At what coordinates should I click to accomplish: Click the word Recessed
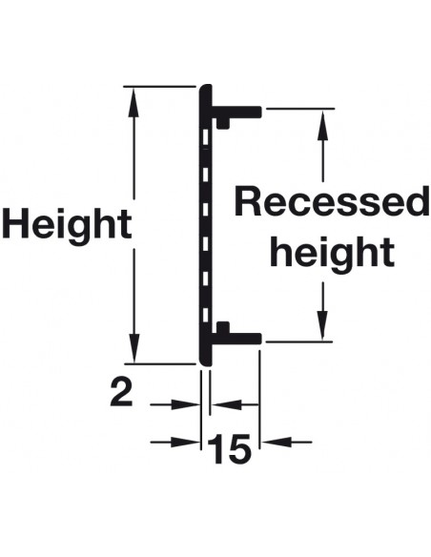pos(331,201)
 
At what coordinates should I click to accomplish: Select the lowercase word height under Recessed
pos(332,254)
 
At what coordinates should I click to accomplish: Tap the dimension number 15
pos(229,449)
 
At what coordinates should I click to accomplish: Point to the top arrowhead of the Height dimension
pos(133,99)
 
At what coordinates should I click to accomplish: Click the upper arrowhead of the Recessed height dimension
pos(322,121)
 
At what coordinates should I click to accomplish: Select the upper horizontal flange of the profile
pos(236,112)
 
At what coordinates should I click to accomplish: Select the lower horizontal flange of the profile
pos(236,339)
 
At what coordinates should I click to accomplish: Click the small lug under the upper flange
pos(223,123)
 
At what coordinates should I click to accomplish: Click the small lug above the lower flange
pos(223,327)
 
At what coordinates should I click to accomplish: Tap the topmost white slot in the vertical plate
pos(205,138)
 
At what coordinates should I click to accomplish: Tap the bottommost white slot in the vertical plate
pos(205,315)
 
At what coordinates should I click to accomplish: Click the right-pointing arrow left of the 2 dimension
pos(174,404)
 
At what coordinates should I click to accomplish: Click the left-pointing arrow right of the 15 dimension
pos(287,443)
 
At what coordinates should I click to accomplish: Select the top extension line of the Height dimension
pos(159,87)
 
